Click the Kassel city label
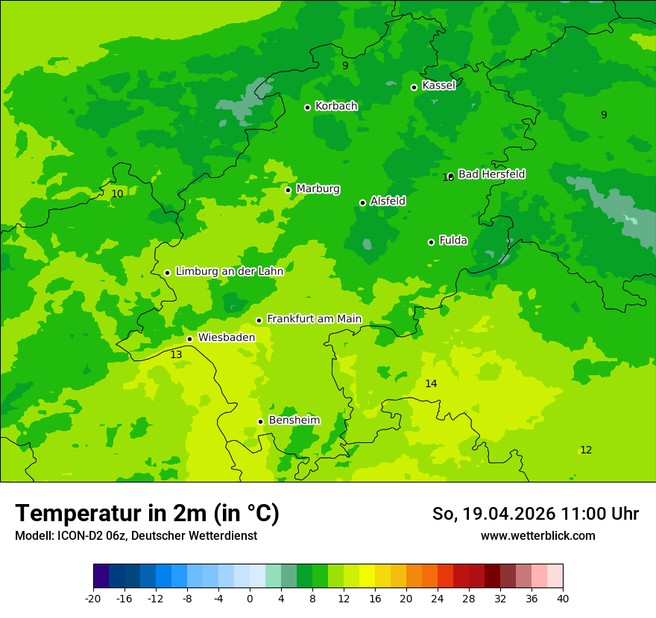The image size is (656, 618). pyautogui.click(x=438, y=86)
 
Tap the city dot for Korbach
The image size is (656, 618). pyautogui.click(x=307, y=107)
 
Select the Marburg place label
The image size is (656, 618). pyautogui.click(x=318, y=189)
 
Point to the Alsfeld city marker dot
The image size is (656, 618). pyautogui.click(x=362, y=203)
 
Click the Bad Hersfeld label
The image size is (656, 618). pyautogui.click(x=491, y=174)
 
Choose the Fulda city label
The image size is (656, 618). pyautogui.click(x=453, y=240)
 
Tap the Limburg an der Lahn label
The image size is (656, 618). pyautogui.click(x=229, y=272)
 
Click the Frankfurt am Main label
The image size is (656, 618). pyautogui.click(x=314, y=319)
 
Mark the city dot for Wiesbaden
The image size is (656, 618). pyautogui.click(x=189, y=339)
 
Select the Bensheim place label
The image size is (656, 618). pyautogui.click(x=294, y=420)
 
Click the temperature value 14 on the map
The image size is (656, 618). pyautogui.click(x=431, y=383)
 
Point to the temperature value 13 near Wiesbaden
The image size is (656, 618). pyautogui.click(x=176, y=355)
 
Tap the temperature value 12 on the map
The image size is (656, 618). pyautogui.click(x=586, y=450)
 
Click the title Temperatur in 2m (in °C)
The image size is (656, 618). pyautogui.click(x=147, y=513)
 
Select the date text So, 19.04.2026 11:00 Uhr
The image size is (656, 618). pyautogui.click(x=535, y=514)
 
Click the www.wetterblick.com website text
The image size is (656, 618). pyautogui.click(x=537, y=535)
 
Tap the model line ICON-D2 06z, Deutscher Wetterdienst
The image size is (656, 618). pyautogui.click(x=136, y=535)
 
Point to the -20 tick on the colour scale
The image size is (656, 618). pyautogui.click(x=93, y=598)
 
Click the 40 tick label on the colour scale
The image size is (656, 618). pyautogui.click(x=563, y=598)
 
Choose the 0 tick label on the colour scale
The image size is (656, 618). pyautogui.click(x=250, y=598)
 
